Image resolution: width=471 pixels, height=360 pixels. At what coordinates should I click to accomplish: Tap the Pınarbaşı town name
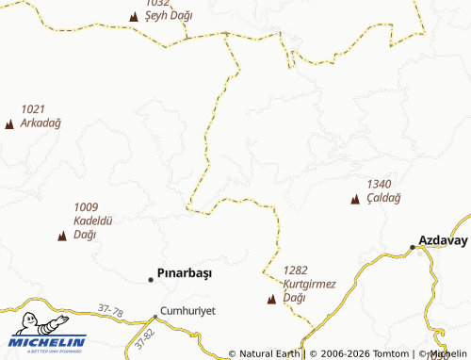[x=185, y=274]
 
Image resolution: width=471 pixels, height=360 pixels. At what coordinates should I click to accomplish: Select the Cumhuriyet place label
[x=188, y=310]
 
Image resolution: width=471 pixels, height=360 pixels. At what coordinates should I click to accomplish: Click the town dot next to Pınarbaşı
[x=151, y=279]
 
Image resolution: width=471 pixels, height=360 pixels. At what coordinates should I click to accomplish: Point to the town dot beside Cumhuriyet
[x=155, y=317]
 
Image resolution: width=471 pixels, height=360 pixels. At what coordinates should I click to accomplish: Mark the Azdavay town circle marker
[x=413, y=247]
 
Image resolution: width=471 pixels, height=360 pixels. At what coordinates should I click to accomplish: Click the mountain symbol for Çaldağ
[x=355, y=199]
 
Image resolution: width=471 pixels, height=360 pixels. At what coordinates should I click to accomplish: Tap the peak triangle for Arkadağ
[x=9, y=124]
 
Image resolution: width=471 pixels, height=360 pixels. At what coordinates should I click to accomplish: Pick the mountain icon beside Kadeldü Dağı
[x=62, y=236]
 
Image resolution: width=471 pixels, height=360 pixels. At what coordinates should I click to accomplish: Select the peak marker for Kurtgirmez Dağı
[x=272, y=300]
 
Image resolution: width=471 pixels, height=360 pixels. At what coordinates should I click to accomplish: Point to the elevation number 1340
[x=379, y=184]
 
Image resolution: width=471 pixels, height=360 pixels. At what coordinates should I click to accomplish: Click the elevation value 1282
[x=296, y=270]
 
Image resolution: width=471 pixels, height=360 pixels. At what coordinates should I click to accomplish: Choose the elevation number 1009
[x=86, y=207]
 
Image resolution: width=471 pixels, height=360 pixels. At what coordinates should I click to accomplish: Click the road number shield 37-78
[x=110, y=308]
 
